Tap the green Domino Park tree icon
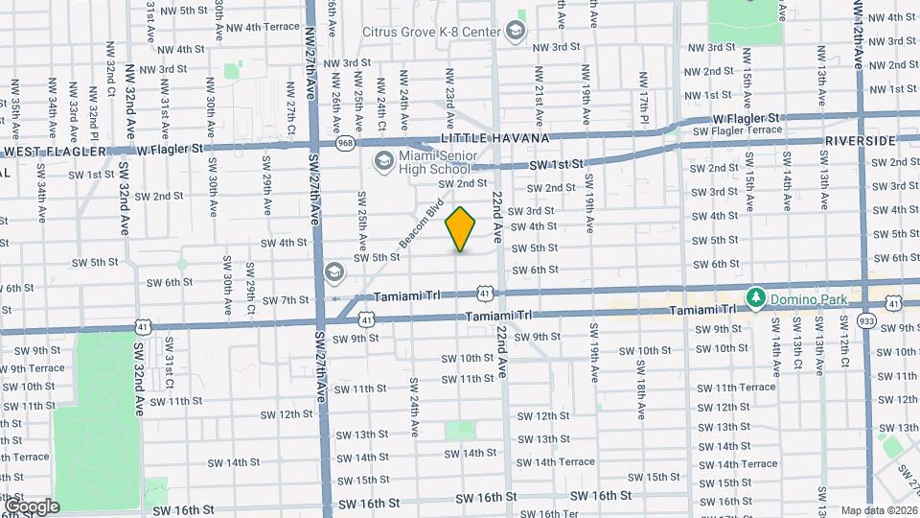point(755,298)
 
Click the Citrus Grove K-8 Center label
point(431,32)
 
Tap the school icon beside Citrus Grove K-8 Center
point(517,30)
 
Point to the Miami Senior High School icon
point(383,160)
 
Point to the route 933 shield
point(867,319)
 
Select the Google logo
point(31,506)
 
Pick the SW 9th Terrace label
point(33,368)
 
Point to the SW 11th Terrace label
point(736,388)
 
